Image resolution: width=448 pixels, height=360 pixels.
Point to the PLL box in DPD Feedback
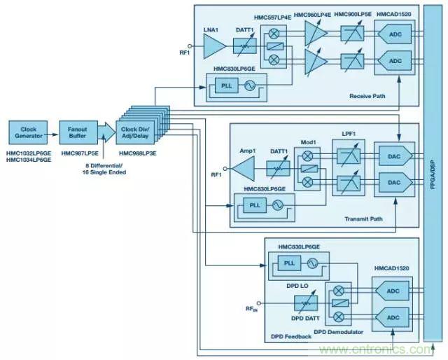click(288, 264)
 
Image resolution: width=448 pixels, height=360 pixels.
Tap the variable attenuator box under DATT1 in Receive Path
click(245, 46)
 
